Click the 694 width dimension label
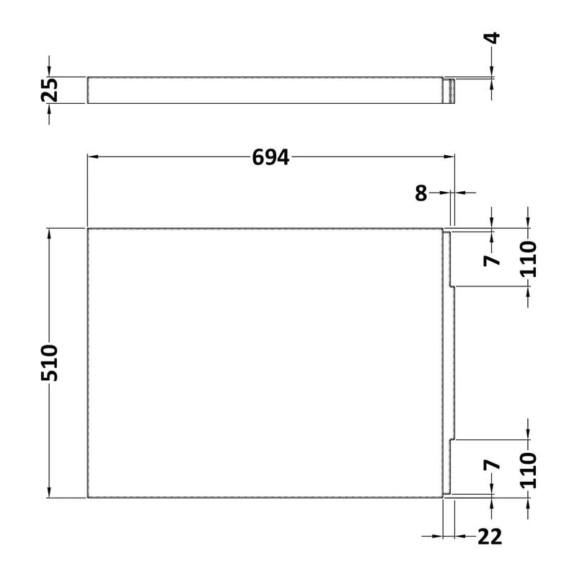[270, 157]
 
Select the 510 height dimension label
[49, 363]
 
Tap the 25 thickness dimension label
[49, 90]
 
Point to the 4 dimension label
[493, 38]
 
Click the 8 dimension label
[421, 193]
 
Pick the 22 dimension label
[490, 537]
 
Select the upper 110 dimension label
[529, 258]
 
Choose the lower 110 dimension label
[529, 470]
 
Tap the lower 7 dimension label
[493, 465]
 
